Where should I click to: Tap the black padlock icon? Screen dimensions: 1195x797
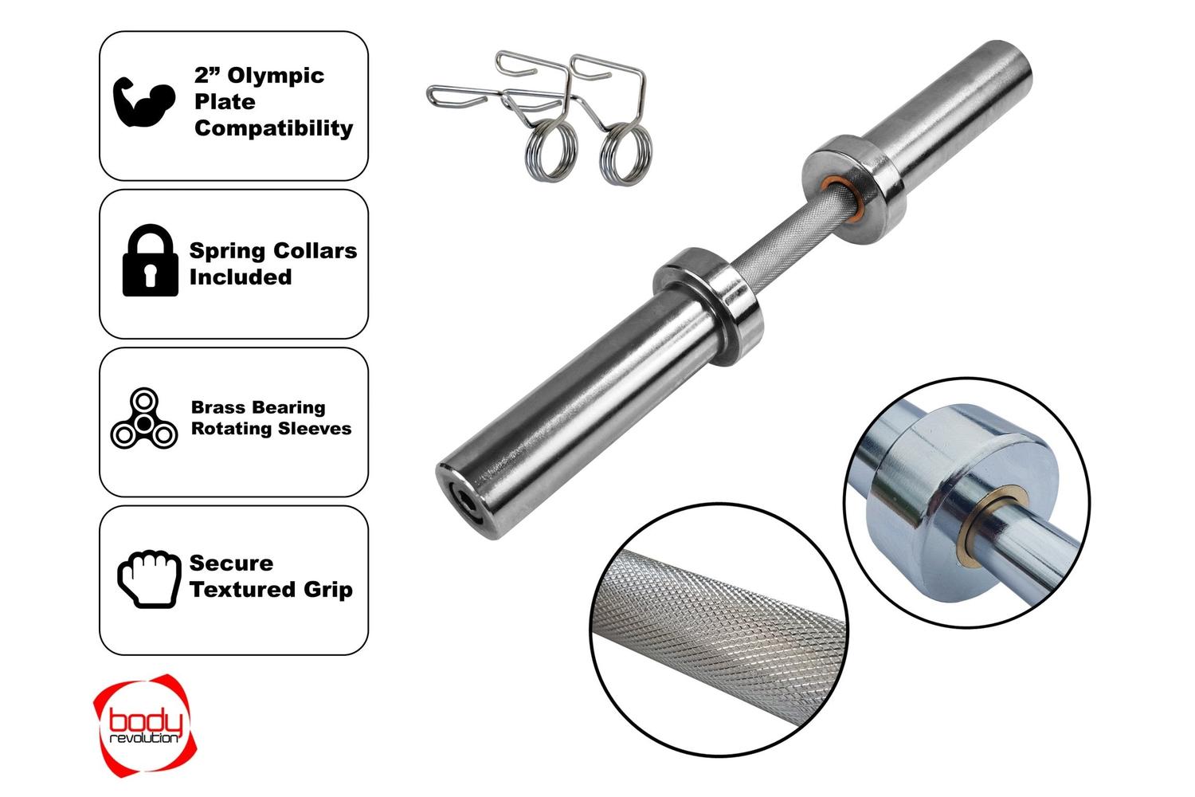click(x=150, y=260)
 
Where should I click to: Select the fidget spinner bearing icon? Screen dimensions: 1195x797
click(x=144, y=418)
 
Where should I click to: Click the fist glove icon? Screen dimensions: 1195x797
click(x=149, y=579)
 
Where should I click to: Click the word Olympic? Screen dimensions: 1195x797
click(x=276, y=76)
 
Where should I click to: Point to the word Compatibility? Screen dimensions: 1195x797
click(x=274, y=128)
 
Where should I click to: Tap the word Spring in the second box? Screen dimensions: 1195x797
click(x=230, y=251)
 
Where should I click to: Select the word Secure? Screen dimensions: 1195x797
click(x=231, y=563)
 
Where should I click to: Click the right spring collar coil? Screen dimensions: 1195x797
click(x=625, y=154)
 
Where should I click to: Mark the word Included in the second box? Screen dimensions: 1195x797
click(x=241, y=277)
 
